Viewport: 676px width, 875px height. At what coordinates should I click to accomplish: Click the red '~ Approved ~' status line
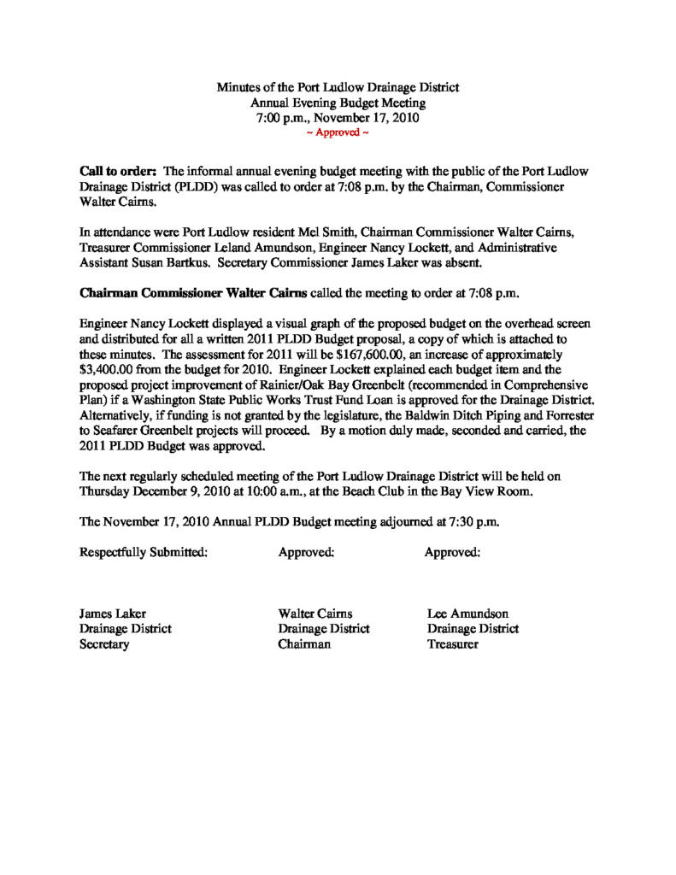[338, 133]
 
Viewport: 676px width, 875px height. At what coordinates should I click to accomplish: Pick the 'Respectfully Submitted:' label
[144, 552]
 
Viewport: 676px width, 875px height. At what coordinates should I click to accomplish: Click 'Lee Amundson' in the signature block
[468, 614]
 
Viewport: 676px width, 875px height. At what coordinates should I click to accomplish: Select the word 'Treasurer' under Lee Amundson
[453, 644]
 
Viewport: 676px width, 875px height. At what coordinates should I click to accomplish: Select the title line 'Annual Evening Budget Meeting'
[338, 103]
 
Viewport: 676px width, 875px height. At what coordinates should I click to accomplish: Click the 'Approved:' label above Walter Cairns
[306, 552]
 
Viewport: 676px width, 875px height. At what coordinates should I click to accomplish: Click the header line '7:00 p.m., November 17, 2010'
[338, 118]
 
